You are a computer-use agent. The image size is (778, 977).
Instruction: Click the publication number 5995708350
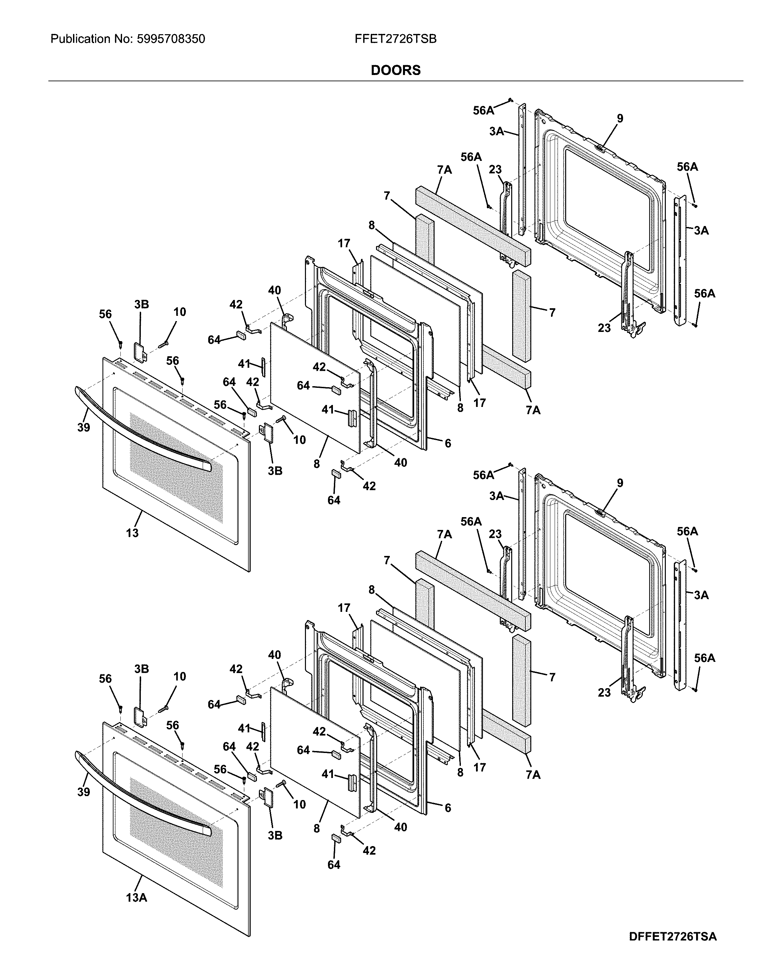169,39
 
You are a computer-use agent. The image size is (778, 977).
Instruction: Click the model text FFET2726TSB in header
395,39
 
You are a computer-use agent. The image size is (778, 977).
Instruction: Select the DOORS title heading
395,70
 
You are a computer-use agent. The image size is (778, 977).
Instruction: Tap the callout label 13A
137,897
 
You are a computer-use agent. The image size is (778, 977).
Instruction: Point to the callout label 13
132,533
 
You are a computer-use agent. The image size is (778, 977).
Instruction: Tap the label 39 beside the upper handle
83,427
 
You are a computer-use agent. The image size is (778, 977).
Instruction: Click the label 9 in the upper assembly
620,119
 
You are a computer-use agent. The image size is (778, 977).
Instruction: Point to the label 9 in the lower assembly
620,483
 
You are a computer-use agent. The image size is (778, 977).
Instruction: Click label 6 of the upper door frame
448,443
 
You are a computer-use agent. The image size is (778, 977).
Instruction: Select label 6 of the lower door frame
448,808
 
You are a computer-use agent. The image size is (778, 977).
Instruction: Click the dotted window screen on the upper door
177,467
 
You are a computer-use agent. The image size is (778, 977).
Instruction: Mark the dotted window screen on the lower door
177,832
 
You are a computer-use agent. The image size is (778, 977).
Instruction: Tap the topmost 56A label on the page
483,111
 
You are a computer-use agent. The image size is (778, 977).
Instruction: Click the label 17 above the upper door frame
344,244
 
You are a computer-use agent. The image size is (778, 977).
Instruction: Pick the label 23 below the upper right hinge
604,328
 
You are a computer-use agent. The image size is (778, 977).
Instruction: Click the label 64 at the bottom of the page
334,864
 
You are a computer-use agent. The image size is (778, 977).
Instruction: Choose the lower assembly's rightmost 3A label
701,595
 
